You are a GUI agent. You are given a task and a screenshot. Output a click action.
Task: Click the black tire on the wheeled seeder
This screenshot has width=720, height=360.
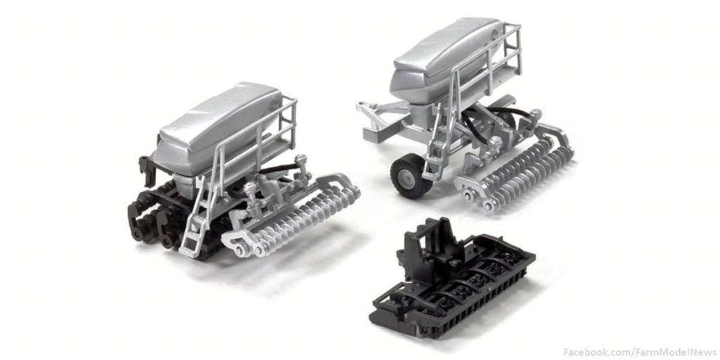411,175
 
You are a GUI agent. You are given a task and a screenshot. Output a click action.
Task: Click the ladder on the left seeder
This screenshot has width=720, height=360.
198,216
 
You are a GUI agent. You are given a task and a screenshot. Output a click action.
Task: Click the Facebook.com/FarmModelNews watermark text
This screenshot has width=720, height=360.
640,352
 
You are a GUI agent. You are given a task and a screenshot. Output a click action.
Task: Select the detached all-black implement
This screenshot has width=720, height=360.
452,279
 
